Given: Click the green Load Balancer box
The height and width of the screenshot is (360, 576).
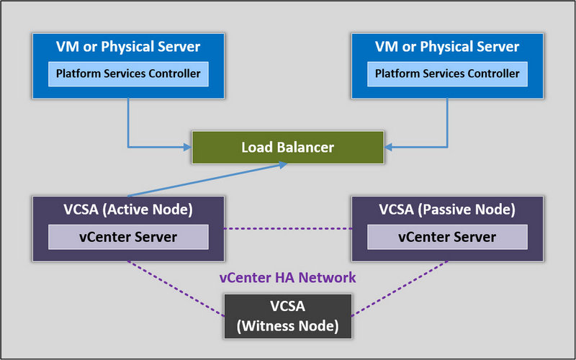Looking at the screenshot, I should click(x=287, y=148).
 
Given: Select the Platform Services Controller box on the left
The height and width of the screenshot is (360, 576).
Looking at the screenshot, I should click(x=128, y=73).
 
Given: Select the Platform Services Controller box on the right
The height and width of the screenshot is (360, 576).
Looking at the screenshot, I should click(x=447, y=73).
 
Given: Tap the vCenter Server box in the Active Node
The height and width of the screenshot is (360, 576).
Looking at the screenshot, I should click(x=128, y=237).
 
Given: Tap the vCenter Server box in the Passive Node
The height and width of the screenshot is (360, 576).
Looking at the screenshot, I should click(x=447, y=237).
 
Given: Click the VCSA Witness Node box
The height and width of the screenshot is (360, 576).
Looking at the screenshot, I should click(x=287, y=316).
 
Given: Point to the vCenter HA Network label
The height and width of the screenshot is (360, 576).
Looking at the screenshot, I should click(x=287, y=277).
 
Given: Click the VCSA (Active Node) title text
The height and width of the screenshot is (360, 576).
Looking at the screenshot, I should click(x=128, y=210).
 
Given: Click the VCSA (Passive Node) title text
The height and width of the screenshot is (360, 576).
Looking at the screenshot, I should click(x=447, y=210).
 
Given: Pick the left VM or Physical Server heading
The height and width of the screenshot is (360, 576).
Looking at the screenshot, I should click(x=128, y=47).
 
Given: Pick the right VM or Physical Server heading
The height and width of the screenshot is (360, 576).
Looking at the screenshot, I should click(x=447, y=47).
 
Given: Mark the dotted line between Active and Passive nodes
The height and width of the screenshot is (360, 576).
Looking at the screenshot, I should click(x=287, y=229).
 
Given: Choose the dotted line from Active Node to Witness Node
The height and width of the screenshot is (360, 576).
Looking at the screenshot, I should click(x=176, y=288).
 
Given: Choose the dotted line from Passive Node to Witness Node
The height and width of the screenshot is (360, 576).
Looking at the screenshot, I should click(x=400, y=288).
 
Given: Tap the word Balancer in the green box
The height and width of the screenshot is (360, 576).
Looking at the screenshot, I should click(x=307, y=148).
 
